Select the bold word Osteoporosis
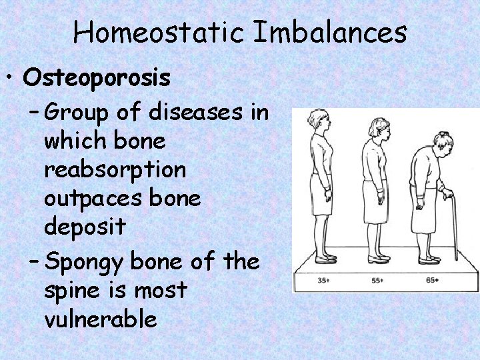point(97,78)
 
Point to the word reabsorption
point(115,171)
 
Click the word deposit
point(85,227)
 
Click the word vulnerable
point(101,319)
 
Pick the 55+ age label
point(377,280)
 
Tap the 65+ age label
point(432,280)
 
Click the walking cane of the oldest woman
point(453,227)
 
